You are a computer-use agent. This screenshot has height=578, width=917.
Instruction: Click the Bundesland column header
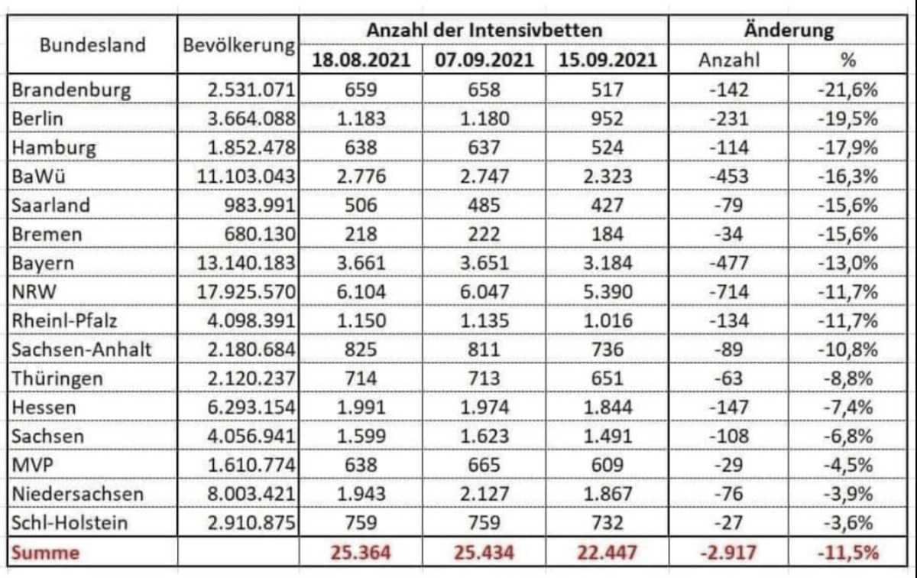(x=92, y=44)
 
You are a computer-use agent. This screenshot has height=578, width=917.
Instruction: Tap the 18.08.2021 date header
(x=361, y=60)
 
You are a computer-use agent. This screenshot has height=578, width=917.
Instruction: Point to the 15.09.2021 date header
(x=608, y=60)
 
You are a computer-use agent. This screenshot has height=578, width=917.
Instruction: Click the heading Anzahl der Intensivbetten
(x=484, y=31)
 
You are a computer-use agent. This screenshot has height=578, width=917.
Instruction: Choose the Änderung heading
(x=789, y=31)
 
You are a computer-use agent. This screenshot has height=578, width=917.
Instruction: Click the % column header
(x=848, y=60)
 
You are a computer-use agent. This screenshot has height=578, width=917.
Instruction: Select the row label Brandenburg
(x=71, y=89)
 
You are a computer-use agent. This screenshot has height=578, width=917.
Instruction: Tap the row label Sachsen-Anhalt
(x=82, y=349)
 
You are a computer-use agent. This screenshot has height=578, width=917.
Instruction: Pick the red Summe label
(x=45, y=553)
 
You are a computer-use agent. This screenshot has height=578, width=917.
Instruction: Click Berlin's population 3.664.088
(x=251, y=119)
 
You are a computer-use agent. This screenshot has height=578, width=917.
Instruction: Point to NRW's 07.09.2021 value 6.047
(x=484, y=291)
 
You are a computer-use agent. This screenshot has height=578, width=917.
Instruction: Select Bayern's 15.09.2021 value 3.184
(x=608, y=263)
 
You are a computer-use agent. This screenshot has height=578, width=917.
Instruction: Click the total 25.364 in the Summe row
(x=361, y=553)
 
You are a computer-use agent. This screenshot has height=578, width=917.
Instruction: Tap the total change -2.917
(x=728, y=553)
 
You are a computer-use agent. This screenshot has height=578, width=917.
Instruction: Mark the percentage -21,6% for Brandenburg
(x=847, y=90)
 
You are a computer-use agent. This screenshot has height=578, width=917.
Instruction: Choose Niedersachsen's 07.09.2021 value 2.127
(x=484, y=494)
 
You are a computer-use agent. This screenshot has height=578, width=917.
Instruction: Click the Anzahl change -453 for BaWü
(x=729, y=177)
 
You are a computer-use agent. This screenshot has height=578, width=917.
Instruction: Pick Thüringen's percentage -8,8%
(x=847, y=378)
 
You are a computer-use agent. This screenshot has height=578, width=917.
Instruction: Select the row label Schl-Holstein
(x=70, y=523)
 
